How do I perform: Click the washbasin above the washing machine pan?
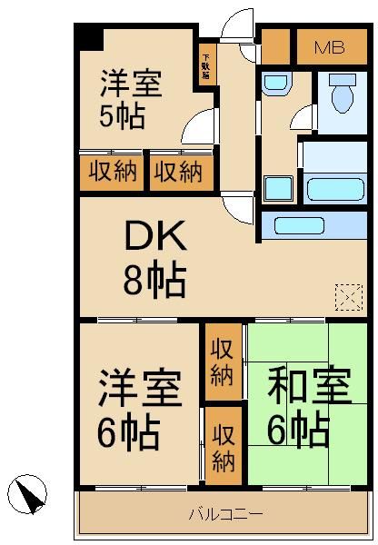point(274,84)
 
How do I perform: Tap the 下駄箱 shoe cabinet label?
point(206,64)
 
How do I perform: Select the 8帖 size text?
point(154,281)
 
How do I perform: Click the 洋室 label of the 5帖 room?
point(132,84)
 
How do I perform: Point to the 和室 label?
point(308,391)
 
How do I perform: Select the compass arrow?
point(29,496)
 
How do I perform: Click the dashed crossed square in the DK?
point(347,297)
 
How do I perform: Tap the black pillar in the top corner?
point(89,39)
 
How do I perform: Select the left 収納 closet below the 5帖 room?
point(113,172)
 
